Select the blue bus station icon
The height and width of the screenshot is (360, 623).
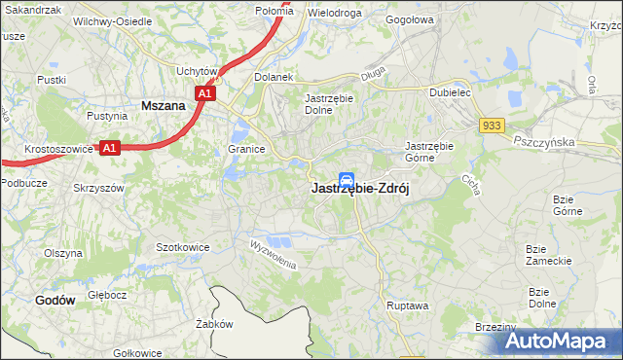point(346,180)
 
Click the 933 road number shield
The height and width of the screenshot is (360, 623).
point(492,126)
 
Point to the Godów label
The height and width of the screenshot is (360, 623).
point(55,301)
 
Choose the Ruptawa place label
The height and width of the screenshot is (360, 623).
point(406,305)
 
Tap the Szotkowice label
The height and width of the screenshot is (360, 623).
point(183,247)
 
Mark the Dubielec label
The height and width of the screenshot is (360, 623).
point(451,93)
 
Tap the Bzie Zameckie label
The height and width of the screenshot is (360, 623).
point(546,255)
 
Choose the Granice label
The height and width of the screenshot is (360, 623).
point(247,150)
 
